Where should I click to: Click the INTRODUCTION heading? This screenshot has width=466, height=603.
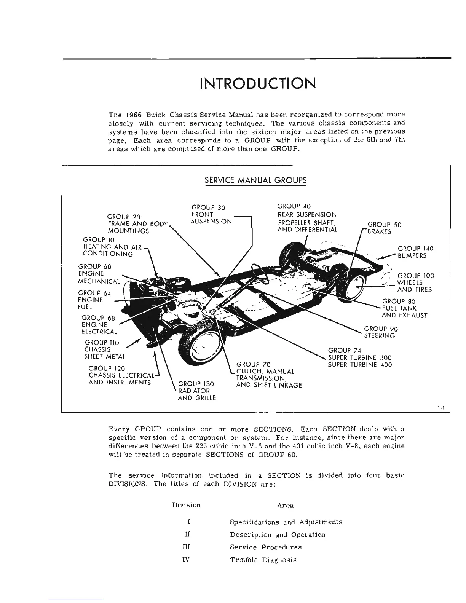coord(258,83)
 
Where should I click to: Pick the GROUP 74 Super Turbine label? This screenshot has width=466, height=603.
coord(359,357)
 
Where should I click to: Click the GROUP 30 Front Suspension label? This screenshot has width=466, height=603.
coord(211,214)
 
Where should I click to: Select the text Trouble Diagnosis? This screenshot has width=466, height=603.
coord(263,560)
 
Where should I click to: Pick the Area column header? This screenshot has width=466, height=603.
coord(285,506)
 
